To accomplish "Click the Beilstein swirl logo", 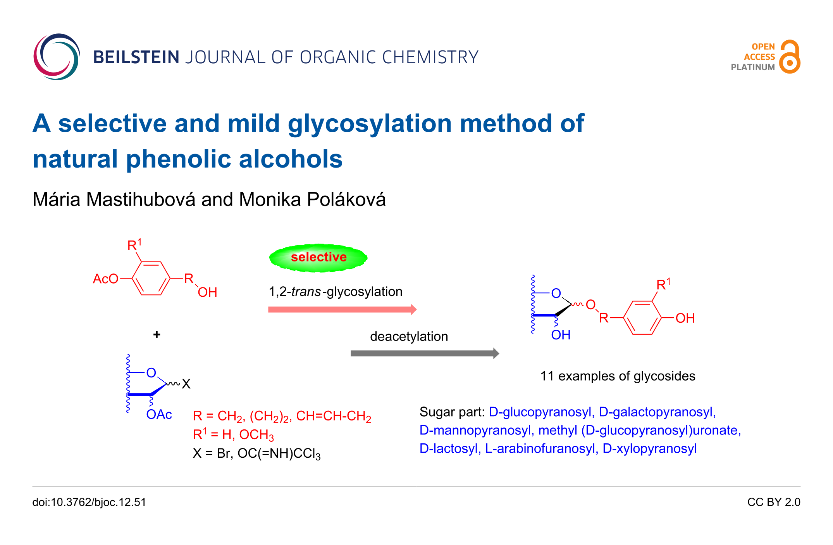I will pos(57,57).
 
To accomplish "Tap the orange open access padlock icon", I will pos(790,57).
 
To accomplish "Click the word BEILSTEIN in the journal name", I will pos(136,57).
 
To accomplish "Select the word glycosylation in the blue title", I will pos(370,124).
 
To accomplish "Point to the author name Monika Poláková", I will pos(312,199).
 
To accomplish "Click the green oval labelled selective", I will pos(318,257).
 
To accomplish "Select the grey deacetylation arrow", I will pos(424,353).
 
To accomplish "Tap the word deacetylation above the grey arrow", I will pos(409,336).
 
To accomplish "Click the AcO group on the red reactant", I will pos(105,279).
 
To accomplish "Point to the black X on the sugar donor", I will pos(186,384).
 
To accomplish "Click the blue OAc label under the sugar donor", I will pos(159,415).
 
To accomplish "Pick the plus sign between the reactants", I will pos(157,334).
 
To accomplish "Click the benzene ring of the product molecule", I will pos(642,318).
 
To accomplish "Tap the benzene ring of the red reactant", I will pos(151,279).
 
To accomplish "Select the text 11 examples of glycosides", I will pos(618,376).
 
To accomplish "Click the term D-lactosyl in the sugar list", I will pos(449,448).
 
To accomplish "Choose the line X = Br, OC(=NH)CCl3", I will pos(256,453).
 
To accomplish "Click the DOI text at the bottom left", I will pos(89,502).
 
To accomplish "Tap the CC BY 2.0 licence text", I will pos(773,502).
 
